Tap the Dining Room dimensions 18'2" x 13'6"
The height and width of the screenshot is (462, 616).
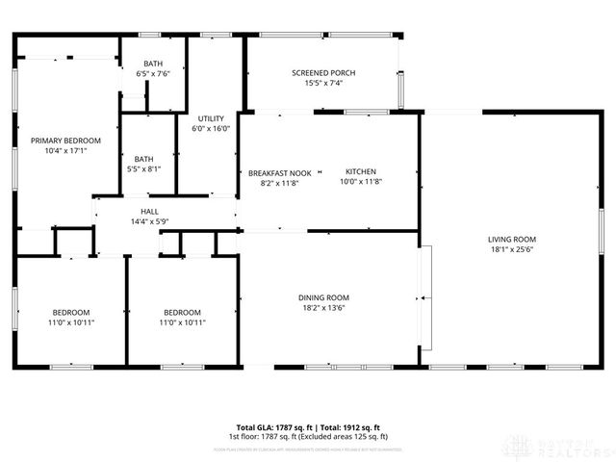click(322, 309)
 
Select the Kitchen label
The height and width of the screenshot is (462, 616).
click(361, 171)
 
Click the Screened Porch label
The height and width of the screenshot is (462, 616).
click(322, 72)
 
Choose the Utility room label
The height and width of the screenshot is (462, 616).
click(211, 117)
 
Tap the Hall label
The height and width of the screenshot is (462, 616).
click(149, 211)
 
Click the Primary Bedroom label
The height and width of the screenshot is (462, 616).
click(59, 141)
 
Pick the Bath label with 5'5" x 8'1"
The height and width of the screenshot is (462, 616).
click(143, 159)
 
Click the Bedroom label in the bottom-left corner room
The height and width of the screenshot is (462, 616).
click(71, 312)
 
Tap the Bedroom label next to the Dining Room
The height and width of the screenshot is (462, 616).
click(182, 312)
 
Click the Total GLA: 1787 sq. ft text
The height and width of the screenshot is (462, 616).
click(276, 427)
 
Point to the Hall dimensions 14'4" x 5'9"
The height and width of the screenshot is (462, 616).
click(149, 222)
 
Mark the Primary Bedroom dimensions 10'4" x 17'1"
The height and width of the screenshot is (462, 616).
click(59, 151)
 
